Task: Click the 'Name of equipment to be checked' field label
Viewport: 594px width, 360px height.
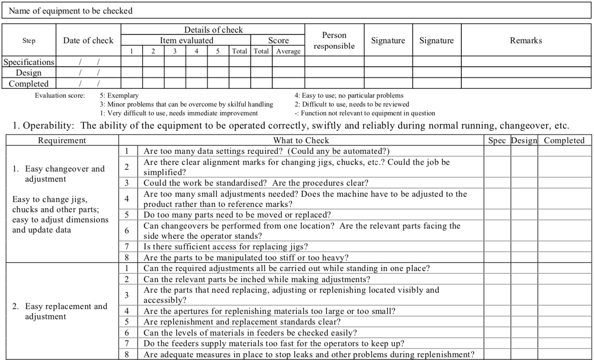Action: point(71,11)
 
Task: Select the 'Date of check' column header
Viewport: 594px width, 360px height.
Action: point(88,41)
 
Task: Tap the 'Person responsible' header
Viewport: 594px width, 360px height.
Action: point(334,41)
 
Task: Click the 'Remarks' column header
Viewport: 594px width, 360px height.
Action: point(526,41)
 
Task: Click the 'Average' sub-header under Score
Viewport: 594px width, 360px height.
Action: point(288,51)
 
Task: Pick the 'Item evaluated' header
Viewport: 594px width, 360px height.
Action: point(186,41)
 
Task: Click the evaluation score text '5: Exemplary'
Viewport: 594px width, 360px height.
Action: point(119,95)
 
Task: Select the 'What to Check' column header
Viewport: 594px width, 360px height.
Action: point(301,141)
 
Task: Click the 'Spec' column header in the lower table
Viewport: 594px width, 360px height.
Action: point(497,141)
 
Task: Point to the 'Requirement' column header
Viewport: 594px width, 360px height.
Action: point(62,141)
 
